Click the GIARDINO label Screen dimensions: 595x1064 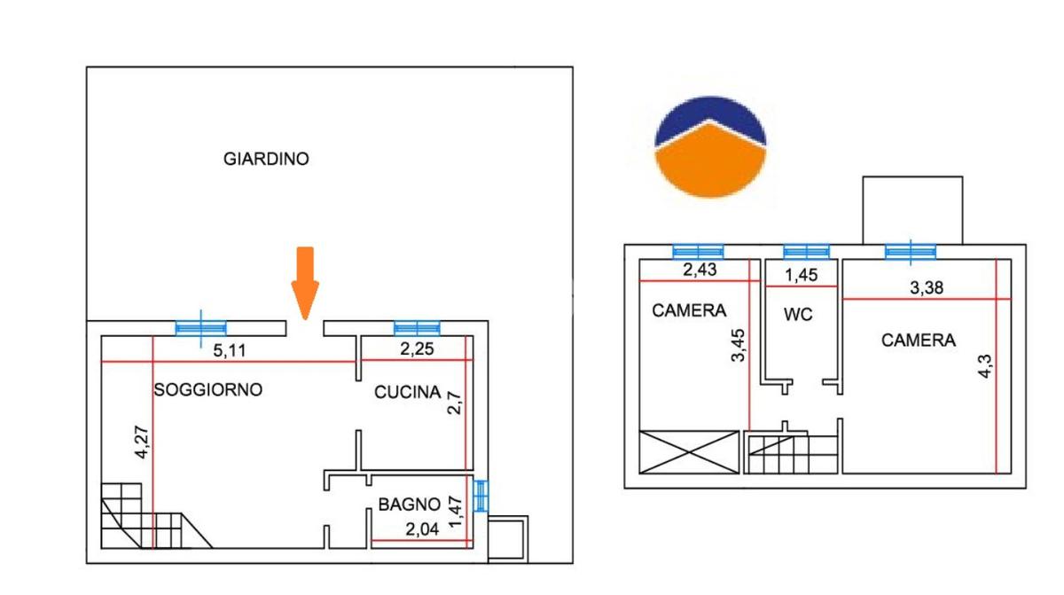(x=266, y=160)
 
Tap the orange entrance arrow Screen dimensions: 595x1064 (x=304, y=282)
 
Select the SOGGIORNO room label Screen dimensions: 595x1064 (x=208, y=389)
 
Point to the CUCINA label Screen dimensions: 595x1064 (x=407, y=392)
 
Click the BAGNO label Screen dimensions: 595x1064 (x=409, y=505)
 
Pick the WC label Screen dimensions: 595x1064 (x=798, y=315)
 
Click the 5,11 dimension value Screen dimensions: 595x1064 (x=230, y=350)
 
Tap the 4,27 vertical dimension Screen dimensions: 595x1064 (x=141, y=442)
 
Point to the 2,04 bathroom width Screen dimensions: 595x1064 (x=423, y=530)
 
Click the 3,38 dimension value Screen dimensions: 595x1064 (x=928, y=286)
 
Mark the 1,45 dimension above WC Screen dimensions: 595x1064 (x=802, y=275)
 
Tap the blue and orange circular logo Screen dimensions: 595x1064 (x=710, y=146)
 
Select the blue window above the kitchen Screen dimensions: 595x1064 (x=417, y=328)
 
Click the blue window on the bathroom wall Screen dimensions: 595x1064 (x=481, y=496)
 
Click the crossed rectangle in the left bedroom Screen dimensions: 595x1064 (x=689, y=451)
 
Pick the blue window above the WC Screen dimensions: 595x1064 (x=806, y=251)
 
